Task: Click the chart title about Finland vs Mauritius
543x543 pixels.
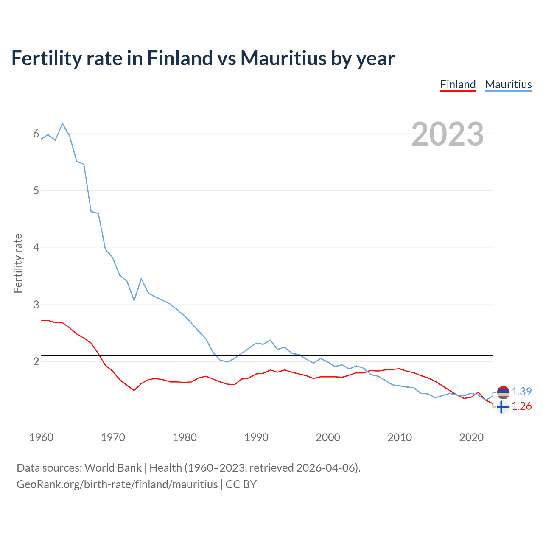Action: [203, 59]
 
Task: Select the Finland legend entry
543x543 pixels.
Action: [458, 84]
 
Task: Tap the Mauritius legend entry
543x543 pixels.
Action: [508, 84]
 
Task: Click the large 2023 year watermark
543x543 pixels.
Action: [447, 134]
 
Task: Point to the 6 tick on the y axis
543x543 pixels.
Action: [36, 134]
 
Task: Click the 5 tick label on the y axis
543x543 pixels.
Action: [36, 191]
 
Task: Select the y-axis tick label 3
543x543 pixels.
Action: [36, 305]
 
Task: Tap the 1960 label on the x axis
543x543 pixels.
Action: [41, 437]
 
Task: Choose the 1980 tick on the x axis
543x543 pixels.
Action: [185, 437]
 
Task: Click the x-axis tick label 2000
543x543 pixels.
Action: [328, 437]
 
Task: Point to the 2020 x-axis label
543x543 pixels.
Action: [471, 437]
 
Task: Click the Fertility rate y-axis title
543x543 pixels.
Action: [18, 263]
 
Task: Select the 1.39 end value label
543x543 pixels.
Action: [521, 392]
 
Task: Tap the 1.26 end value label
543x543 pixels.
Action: [521, 406]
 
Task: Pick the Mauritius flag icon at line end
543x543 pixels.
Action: [503, 392]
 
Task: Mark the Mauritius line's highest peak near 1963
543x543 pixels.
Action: [62, 123]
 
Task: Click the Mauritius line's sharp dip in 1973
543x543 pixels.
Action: [134, 300]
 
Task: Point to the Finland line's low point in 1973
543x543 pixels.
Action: [134, 390]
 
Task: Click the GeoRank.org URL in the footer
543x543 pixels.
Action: [117, 484]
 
